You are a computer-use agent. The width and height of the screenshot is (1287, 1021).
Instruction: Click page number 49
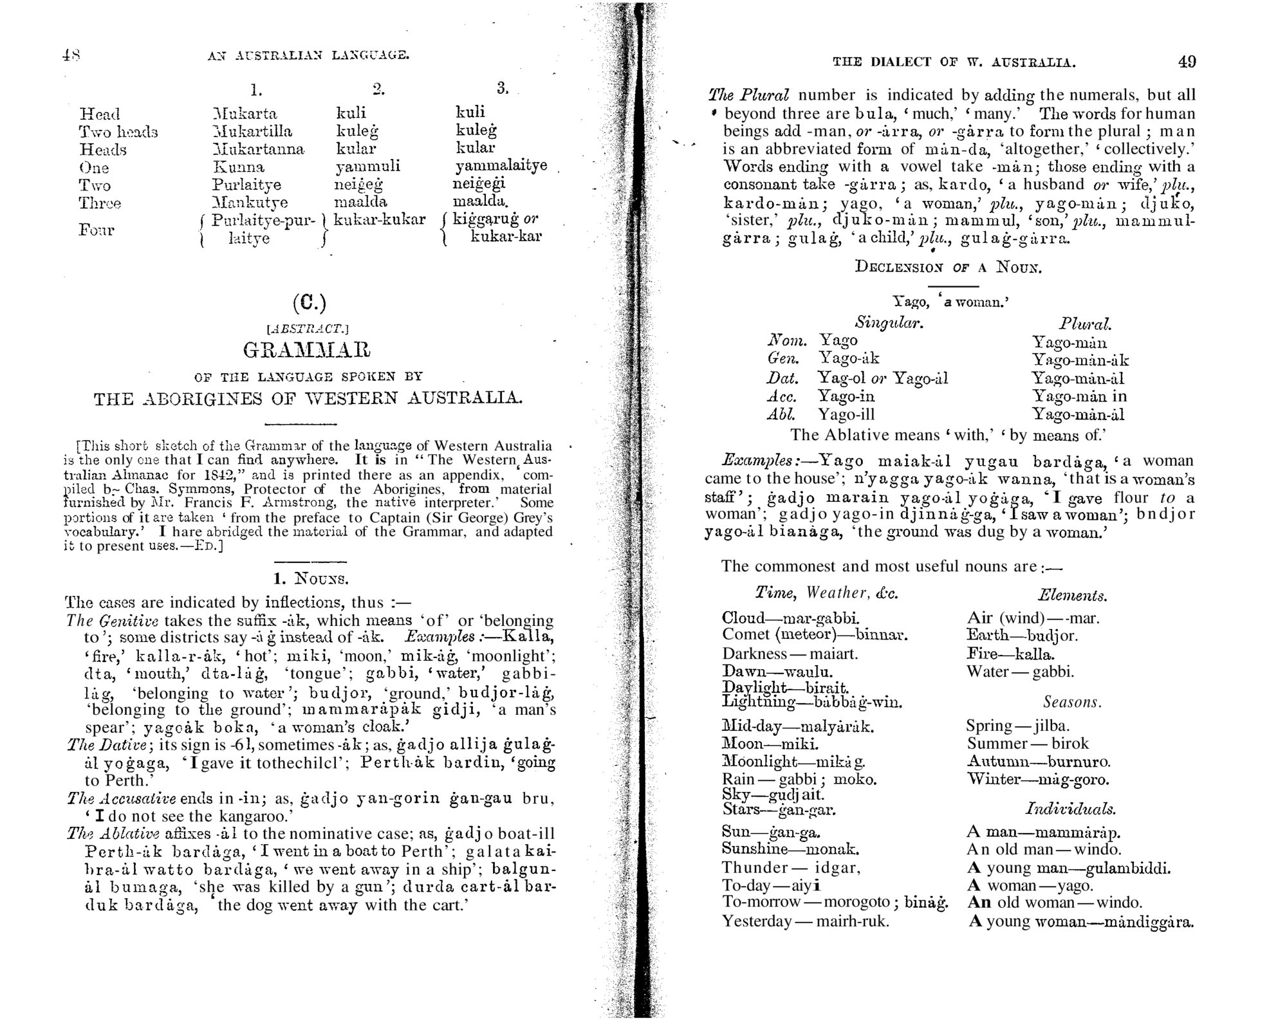(1187, 62)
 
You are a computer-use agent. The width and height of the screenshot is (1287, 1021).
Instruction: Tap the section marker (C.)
(309, 303)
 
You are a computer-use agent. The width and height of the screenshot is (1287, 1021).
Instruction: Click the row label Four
(97, 230)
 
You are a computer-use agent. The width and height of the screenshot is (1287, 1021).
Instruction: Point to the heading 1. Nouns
(311, 578)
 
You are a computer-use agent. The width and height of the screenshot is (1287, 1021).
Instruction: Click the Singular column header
(889, 322)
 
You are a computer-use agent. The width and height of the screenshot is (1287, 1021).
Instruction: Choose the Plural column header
(1086, 324)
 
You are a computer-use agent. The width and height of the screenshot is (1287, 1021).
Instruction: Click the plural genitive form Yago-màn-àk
(1080, 360)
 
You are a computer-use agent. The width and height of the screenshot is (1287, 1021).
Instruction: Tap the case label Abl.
(782, 414)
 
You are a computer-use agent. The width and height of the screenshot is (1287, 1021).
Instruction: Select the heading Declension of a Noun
(948, 267)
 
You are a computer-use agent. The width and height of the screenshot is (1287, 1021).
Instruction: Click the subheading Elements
(1072, 596)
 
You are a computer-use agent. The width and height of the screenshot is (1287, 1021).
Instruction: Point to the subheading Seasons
(1072, 702)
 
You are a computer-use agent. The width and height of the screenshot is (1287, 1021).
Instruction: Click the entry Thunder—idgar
(791, 867)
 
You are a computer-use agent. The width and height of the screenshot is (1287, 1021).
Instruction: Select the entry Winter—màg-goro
(1038, 780)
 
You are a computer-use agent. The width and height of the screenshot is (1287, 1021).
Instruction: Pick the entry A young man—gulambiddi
(1068, 868)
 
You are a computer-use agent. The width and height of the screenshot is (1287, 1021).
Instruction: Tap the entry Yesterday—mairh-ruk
(805, 921)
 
